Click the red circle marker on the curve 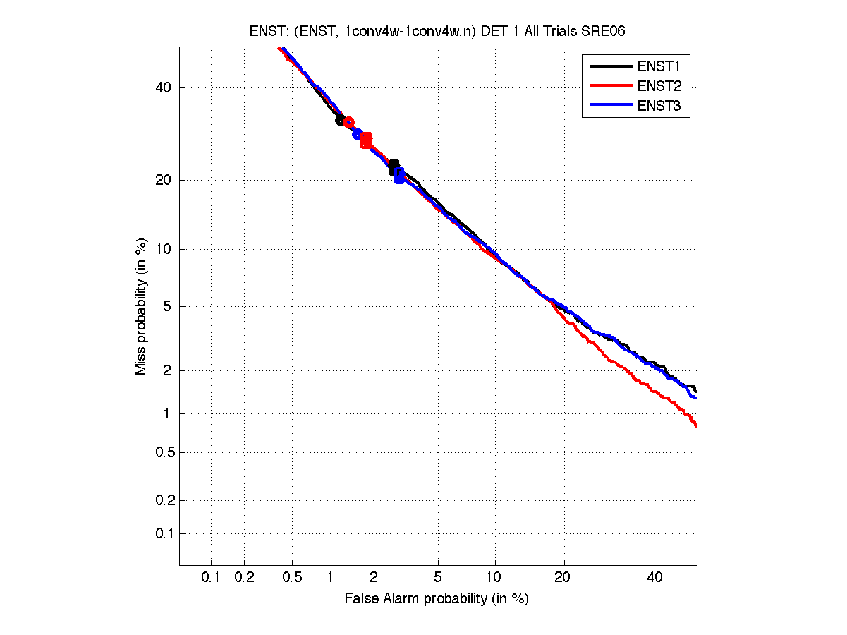point(348,123)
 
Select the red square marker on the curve point(366,140)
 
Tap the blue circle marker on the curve point(357,134)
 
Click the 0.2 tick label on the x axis point(244,577)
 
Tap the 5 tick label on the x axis point(438,577)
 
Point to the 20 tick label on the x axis point(562,577)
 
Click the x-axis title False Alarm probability point(436,599)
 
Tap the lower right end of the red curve point(696,425)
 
